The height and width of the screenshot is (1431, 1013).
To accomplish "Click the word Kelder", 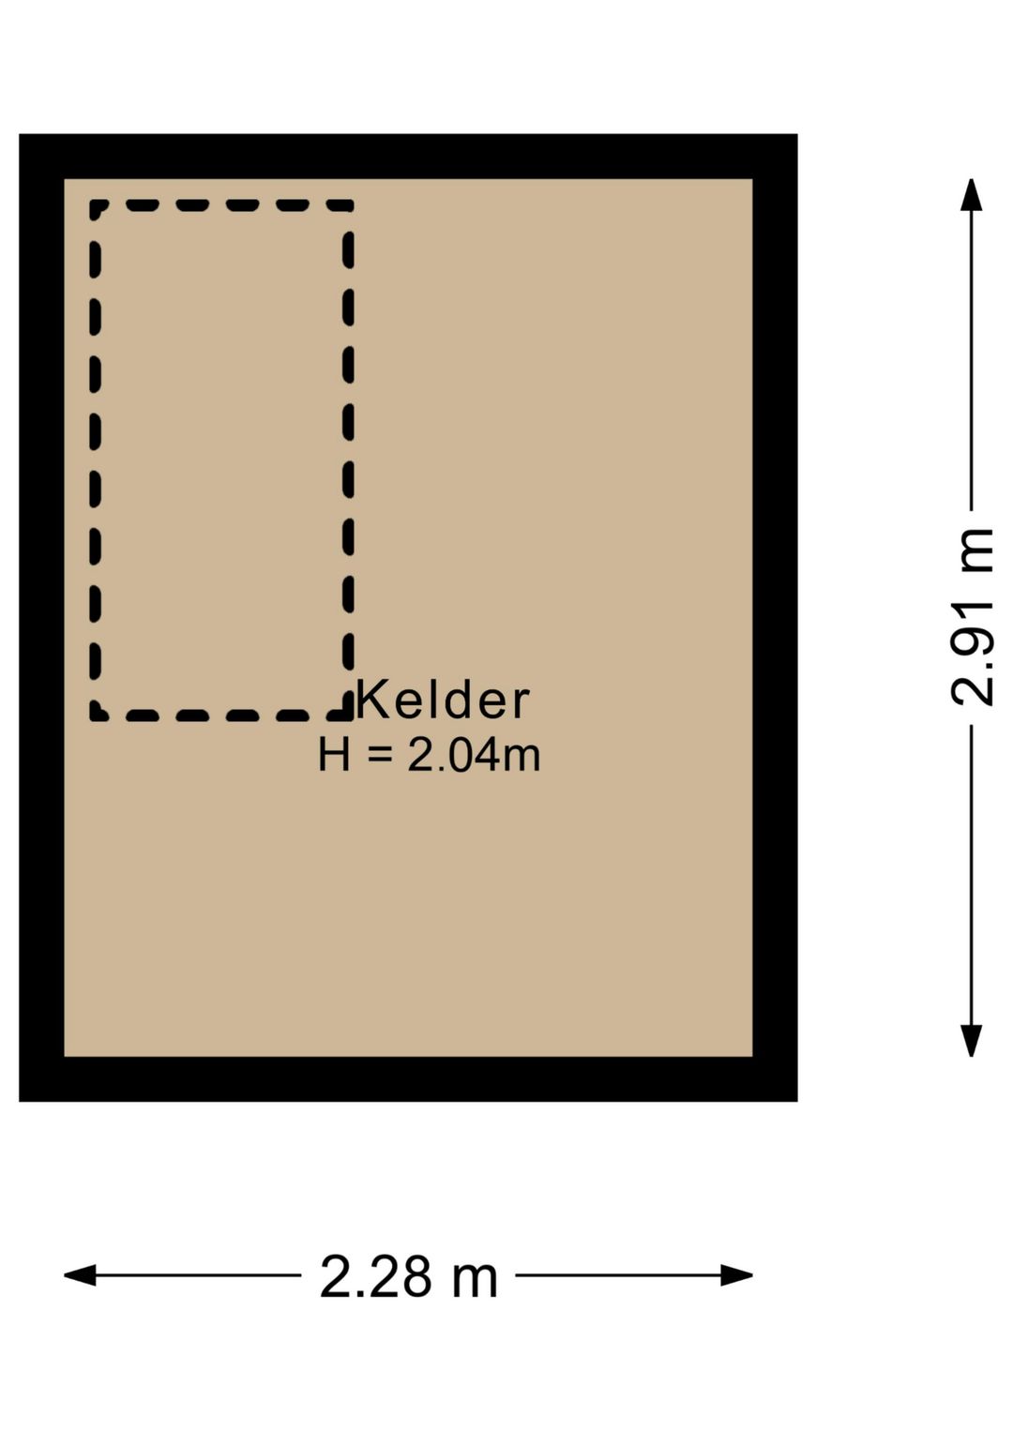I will click(443, 700).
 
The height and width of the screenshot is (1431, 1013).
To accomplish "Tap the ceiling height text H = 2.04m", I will click(429, 756).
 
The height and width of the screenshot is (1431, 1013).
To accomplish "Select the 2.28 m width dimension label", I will click(408, 1276).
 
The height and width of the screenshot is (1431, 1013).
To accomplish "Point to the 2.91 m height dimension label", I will click(972, 617).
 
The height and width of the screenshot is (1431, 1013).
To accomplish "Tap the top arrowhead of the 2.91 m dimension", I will click(972, 193).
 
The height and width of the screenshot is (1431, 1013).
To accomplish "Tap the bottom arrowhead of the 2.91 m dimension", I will click(972, 1042).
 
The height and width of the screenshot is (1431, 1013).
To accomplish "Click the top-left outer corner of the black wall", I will click(20, 135).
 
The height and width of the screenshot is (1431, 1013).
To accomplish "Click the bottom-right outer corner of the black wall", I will click(796, 1100).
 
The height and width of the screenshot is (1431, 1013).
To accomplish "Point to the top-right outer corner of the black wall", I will click(796, 135).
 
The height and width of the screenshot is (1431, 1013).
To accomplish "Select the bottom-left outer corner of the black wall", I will click(20, 1100).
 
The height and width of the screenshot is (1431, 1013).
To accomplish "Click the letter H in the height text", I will click(334, 756).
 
